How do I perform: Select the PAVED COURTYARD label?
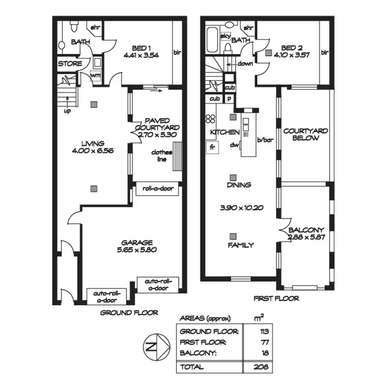(x=157, y=124)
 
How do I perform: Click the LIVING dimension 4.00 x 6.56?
(x=92, y=151)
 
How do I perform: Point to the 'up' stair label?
(x=67, y=110)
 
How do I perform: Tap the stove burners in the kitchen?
(x=210, y=119)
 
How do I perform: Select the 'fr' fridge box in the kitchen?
(x=211, y=148)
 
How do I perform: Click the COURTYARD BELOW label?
(x=305, y=134)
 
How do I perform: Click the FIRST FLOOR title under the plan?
(x=277, y=298)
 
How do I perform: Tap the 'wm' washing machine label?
(x=95, y=76)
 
